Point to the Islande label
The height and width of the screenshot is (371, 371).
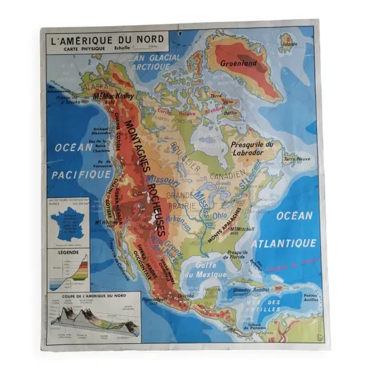point(289,45)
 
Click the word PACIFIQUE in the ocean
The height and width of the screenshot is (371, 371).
point(81,174)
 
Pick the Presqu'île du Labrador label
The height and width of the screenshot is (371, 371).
point(247,148)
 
